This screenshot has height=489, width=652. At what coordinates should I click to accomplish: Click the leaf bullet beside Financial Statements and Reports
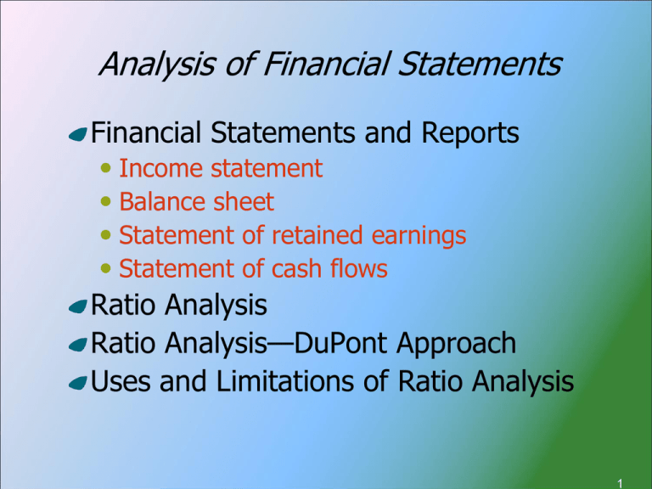pos(79,136)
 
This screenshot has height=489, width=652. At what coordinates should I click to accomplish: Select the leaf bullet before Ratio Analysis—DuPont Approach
pos(79,346)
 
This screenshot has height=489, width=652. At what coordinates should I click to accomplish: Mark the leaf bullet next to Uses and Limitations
pos(79,385)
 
